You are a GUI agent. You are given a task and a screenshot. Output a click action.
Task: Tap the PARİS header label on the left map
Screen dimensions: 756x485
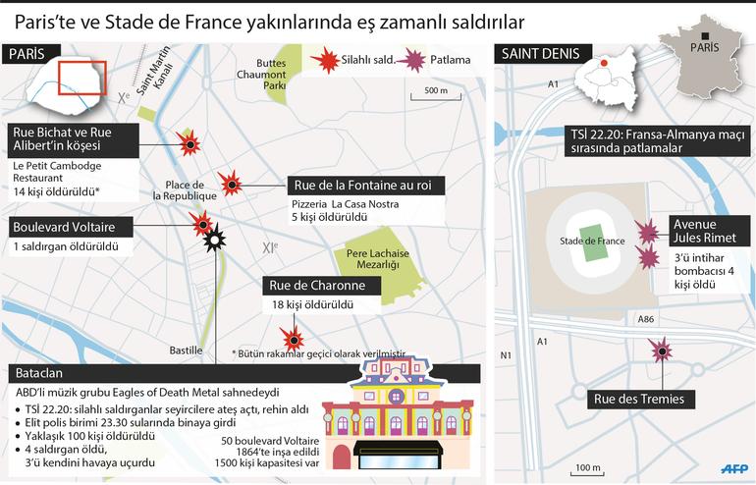click(x=27, y=54)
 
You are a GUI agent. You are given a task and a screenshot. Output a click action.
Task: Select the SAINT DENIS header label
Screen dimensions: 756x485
click(x=539, y=54)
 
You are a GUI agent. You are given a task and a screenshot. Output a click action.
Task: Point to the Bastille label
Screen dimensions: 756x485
click(x=186, y=350)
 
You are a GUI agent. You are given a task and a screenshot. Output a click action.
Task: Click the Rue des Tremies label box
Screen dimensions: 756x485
click(x=638, y=399)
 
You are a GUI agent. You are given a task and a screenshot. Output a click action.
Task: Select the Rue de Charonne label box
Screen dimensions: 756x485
click(x=319, y=286)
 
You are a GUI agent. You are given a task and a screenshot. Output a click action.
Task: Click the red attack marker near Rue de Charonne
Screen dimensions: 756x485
click(x=286, y=334)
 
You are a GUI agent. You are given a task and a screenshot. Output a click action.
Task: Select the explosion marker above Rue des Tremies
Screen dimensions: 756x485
click(x=661, y=350)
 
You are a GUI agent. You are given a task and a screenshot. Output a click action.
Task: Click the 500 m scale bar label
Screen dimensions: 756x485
click(x=436, y=90)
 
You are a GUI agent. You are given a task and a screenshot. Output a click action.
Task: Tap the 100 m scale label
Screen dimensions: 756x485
click(x=588, y=466)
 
